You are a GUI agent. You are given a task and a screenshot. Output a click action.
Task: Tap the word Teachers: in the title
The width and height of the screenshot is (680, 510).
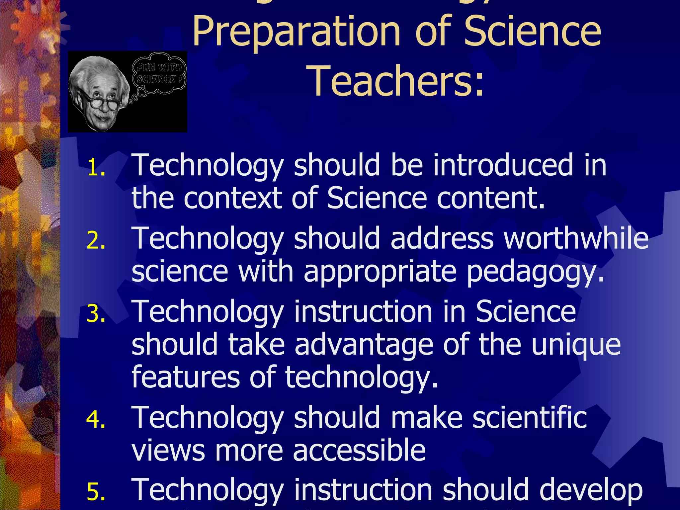pyautogui.click(x=397, y=82)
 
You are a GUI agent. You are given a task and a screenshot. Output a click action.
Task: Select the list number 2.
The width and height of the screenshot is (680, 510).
pyautogui.click(x=96, y=240)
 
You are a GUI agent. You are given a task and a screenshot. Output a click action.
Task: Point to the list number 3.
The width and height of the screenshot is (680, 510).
pyautogui.click(x=96, y=313)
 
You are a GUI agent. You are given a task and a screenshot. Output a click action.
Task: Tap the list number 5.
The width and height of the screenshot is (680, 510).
pyautogui.click(x=96, y=492)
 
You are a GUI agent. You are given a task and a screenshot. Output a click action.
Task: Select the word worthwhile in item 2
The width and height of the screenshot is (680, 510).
pyautogui.click(x=576, y=238)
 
